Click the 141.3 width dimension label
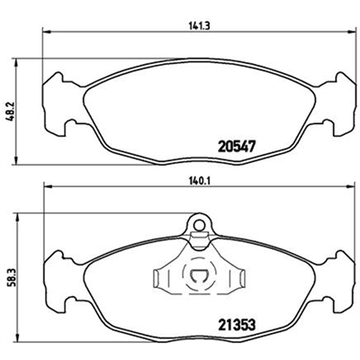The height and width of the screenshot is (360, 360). coord(199,26)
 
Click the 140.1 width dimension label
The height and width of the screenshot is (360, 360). coord(199,181)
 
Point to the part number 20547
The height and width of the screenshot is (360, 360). coord(237,147)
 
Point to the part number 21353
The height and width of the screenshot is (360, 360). coord(237,324)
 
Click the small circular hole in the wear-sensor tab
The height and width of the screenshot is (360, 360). coord(198,224)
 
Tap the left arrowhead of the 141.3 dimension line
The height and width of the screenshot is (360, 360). coord(46,31)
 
